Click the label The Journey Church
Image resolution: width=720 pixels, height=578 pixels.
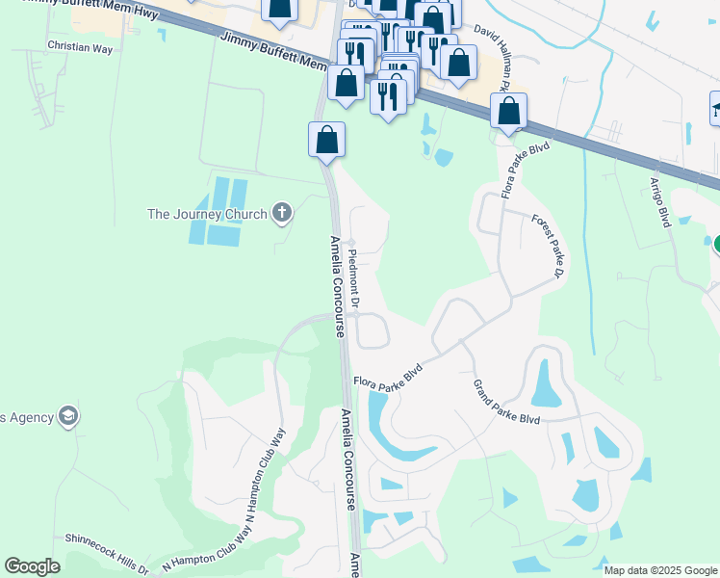206,214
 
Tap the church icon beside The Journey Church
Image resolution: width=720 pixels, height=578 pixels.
281,213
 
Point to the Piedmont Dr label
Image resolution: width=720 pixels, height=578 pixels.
353,279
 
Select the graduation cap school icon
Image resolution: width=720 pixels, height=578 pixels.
67,416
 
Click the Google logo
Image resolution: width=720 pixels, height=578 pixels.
32,566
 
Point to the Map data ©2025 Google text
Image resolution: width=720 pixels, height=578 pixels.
660,570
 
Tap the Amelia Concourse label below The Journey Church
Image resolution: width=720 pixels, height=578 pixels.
337,286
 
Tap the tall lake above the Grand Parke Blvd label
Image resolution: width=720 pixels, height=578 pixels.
544,381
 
